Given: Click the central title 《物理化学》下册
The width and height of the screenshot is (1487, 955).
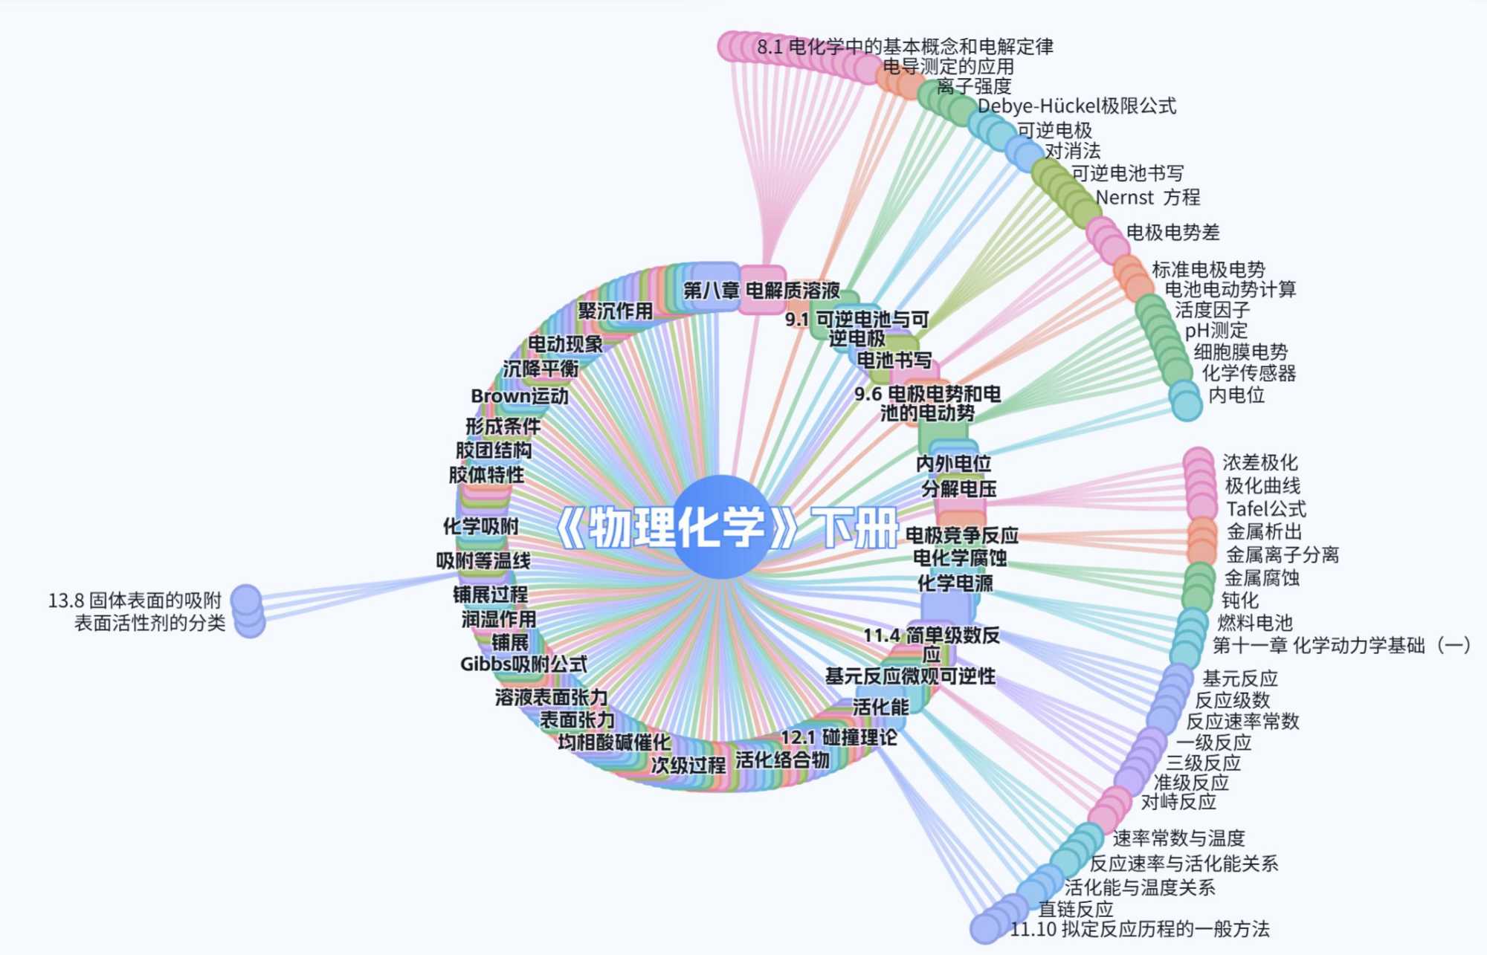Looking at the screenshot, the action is pyautogui.click(x=727, y=528).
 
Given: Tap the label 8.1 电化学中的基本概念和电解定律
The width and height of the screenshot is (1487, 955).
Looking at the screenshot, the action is pyautogui.click(x=905, y=47).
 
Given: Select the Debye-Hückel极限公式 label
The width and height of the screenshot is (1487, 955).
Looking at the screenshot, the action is pyautogui.click(x=1077, y=106).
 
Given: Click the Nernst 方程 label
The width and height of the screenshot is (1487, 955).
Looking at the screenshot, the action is pyautogui.click(x=1147, y=198).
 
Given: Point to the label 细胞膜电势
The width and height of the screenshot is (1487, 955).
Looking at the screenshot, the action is pyautogui.click(x=1240, y=352).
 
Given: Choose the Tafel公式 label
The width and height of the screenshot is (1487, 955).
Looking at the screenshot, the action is pyautogui.click(x=1265, y=509).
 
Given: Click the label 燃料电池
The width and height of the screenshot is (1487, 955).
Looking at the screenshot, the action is pyautogui.click(x=1254, y=623).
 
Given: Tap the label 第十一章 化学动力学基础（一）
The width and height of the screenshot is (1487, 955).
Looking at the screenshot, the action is pyautogui.click(x=1341, y=645).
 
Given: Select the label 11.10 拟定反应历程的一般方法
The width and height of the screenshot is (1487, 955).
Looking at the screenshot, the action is pyautogui.click(x=1140, y=929).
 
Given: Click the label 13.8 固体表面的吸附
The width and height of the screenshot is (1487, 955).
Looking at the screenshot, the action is pyautogui.click(x=135, y=600).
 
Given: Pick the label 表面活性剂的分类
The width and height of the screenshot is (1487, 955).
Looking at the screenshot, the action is pyautogui.click(x=149, y=623).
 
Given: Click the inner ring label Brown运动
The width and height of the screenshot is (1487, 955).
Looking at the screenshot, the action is pyautogui.click(x=520, y=396).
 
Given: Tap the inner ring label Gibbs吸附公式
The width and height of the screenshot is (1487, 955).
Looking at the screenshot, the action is pyautogui.click(x=523, y=664).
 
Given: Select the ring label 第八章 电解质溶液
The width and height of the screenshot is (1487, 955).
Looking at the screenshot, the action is pyautogui.click(x=761, y=290).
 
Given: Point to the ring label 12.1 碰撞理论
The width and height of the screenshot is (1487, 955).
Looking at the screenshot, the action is pyautogui.click(x=839, y=737).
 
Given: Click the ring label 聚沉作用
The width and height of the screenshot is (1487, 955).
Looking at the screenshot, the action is pyautogui.click(x=615, y=311).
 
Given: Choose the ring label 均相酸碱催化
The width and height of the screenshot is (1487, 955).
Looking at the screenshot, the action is pyautogui.click(x=614, y=742).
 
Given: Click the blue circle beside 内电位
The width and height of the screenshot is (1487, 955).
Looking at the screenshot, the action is pyautogui.click(x=1186, y=404).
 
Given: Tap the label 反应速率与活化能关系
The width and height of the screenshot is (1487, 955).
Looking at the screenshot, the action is pyautogui.click(x=1184, y=864).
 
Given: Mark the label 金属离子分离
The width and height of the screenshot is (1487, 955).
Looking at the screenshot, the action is pyautogui.click(x=1282, y=554).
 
